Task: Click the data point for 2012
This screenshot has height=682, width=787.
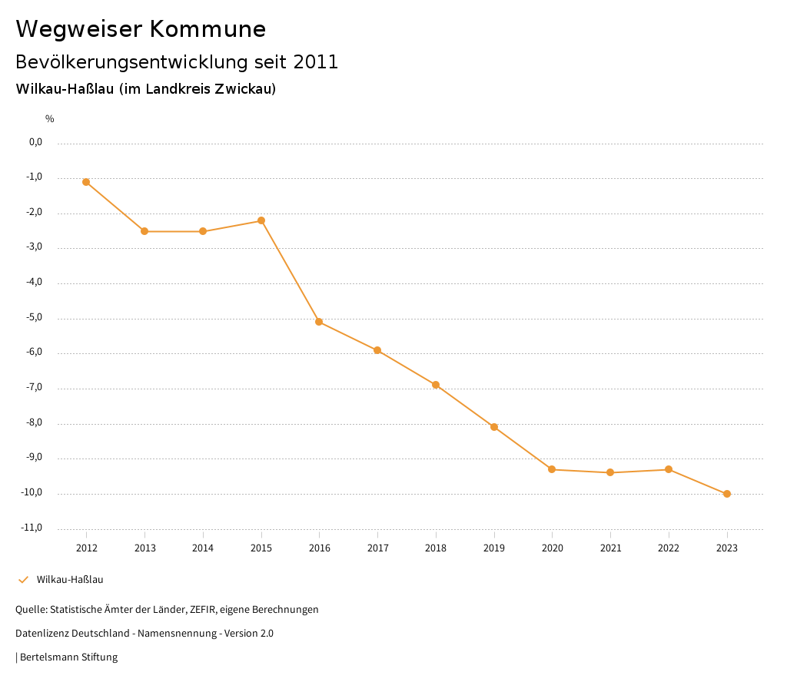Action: (86, 182)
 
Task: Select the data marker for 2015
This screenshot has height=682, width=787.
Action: (261, 220)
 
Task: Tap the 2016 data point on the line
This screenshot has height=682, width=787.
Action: (319, 322)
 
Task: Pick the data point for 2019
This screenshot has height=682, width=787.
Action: (494, 427)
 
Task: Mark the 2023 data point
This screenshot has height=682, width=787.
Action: (727, 494)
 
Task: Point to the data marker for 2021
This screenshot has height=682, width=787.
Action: (610, 472)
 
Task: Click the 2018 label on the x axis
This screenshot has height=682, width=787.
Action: (436, 548)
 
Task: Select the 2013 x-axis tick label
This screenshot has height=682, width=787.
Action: (144, 548)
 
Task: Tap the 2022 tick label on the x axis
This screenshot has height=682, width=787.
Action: (669, 548)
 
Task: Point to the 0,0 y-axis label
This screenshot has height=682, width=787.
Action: (35, 142)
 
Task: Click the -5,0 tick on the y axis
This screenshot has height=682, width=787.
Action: (34, 317)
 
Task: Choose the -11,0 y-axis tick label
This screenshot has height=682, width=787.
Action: (32, 528)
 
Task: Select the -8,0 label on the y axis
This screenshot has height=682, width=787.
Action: (34, 422)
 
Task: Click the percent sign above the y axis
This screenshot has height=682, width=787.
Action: (50, 119)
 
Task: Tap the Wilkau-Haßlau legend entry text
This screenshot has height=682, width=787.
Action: (70, 580)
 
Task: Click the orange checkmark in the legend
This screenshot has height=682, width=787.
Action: (23, 580)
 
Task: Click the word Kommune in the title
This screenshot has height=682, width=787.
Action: (208, 29)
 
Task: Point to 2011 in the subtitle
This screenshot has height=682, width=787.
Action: (316, 62)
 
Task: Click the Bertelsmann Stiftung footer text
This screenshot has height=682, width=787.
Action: (68, 657)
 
